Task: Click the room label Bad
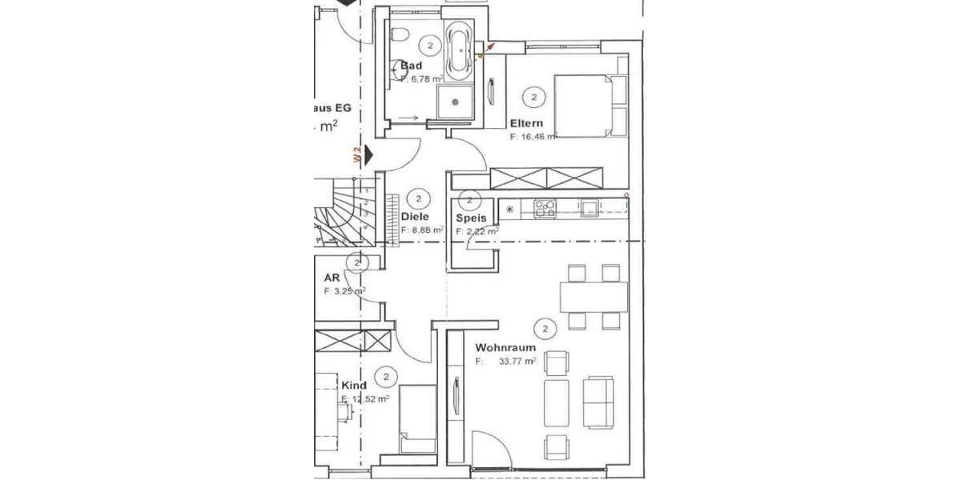(411, 65)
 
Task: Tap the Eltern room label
(527, 123)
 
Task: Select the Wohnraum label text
(505, 348)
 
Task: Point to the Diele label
(415, 216)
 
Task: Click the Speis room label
(472, 218)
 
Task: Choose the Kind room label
(353, 385)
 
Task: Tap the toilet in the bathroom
(400, 35)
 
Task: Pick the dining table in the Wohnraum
(593, 298)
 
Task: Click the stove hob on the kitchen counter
(545, 208)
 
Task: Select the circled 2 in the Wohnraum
(545, 328)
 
